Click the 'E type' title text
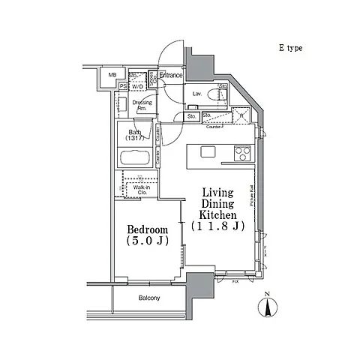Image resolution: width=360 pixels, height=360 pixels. pyautogui.click(x=292, y=48)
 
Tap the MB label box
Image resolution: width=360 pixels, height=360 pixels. pyautogui.click(x=112, y=75)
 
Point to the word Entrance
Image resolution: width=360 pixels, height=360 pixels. pyautogui.click(x=171, y=75)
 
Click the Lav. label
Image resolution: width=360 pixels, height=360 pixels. pyautogui.click(x=196, y=94)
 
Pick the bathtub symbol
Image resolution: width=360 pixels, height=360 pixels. pyautogui.click(x=136, y=159)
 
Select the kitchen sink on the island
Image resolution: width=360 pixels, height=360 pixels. pyautogui.click(x=208, y=152)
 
